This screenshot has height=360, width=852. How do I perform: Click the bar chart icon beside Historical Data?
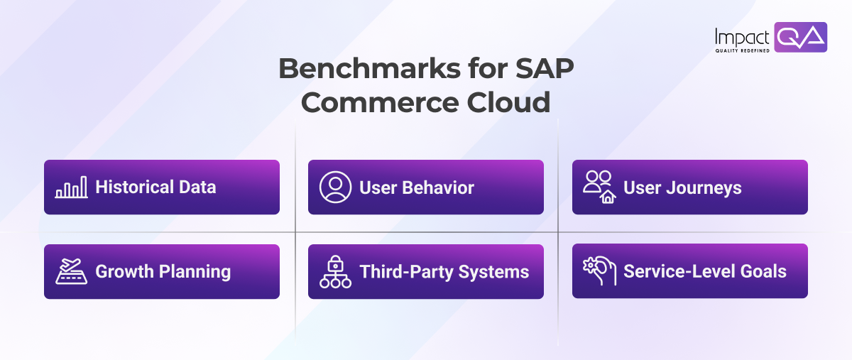click(71, 187)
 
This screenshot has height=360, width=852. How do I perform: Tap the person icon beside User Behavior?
click(335, 187)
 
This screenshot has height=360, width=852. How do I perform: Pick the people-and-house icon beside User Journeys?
click(599, 187)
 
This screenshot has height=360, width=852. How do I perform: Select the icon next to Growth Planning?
click(71, 271)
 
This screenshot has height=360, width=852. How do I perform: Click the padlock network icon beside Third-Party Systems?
click(335, 271)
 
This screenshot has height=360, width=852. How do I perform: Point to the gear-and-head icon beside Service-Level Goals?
click(599, 271)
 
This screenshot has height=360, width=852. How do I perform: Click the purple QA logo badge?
click(800, 37)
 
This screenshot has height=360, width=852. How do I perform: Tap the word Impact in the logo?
click(743, 36)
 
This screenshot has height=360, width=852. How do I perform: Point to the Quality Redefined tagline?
click(743, 50)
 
